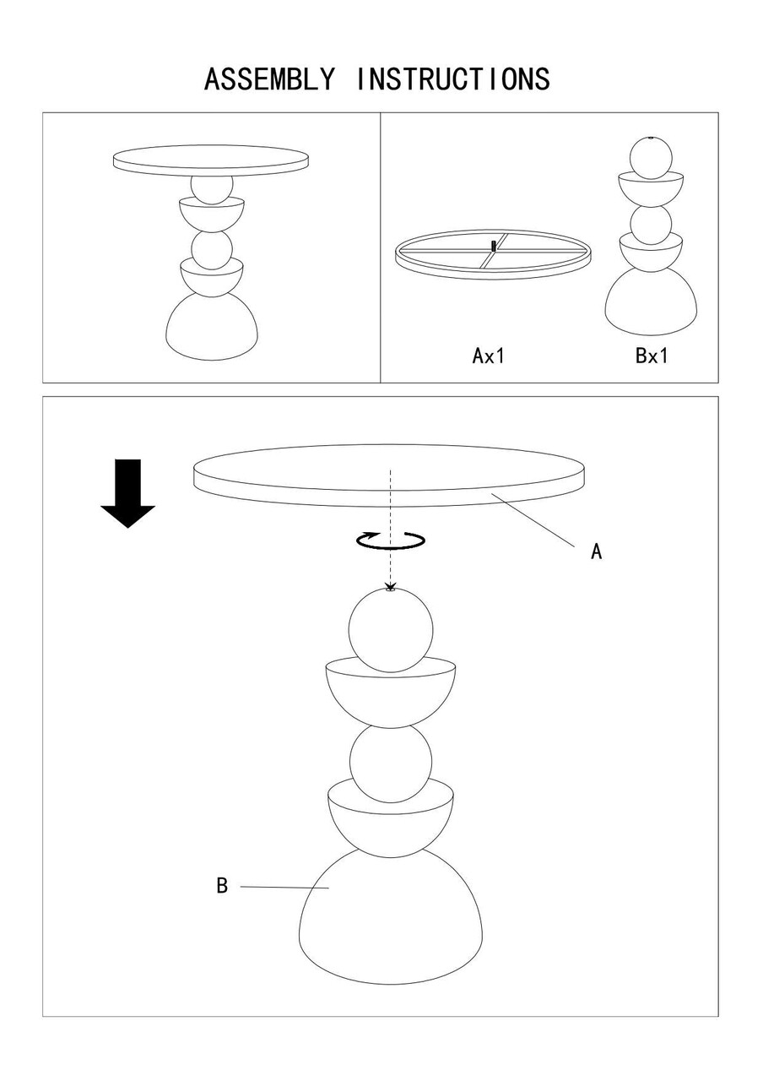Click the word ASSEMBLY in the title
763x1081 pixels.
coord(268,79)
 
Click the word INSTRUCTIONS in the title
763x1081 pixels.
coord(453,79)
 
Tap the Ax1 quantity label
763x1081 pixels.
coord(488,356)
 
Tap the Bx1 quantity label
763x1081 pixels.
coord(652,356)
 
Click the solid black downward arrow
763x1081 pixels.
coord(127,493)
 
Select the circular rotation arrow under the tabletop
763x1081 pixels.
coord(391,540)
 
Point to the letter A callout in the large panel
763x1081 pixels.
coord(597,551)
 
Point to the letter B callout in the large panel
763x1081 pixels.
coord(222,886)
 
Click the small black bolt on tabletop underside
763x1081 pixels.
coord(493,246)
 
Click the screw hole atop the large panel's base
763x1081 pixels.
coord(390,589)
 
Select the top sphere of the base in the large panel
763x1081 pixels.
coord(391,630)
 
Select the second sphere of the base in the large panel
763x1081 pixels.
coord(391,762)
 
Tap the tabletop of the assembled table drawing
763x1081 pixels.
coord(211,160)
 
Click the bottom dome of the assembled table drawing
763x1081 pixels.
coord(212,329)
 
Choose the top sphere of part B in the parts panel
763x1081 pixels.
coord(651,158)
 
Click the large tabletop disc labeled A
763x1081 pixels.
coord(389,475)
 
